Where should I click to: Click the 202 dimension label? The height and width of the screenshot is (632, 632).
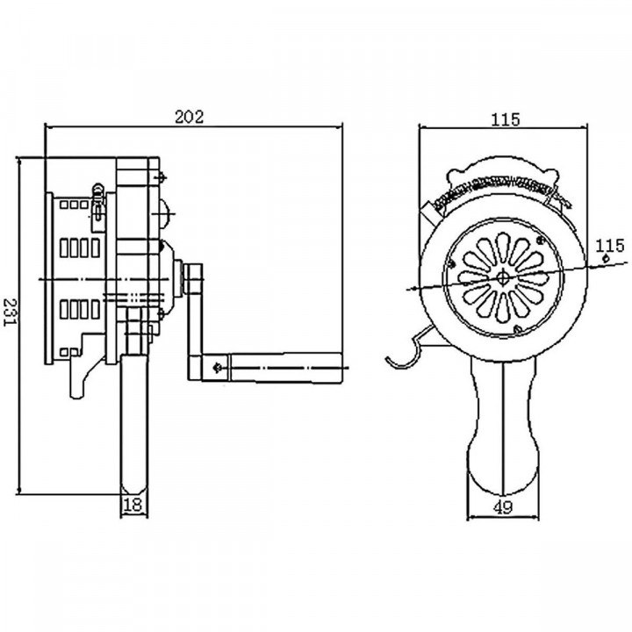pos(190,117)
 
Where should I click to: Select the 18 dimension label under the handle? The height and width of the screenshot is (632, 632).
pos(133,505)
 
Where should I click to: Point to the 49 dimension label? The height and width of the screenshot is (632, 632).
pos(503,507)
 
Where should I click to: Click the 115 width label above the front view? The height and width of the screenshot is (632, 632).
pos(506,119)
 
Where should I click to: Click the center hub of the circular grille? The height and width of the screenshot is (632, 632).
pos(503,277)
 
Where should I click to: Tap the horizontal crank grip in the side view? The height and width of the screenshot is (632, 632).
pos(285,367)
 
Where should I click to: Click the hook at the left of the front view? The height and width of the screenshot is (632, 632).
pos(407,350)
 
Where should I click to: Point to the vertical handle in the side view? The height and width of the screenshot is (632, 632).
pos(134,423)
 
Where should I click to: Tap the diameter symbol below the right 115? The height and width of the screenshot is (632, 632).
pos(606,258)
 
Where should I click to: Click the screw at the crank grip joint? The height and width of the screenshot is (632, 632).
pos(217,367)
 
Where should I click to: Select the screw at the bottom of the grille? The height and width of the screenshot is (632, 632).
pos(518,330)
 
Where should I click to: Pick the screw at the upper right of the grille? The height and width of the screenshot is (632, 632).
pos(541,241)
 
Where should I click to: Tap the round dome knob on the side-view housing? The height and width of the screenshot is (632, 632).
pos(166,213)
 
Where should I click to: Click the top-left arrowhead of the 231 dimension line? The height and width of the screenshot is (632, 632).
pos(18,159)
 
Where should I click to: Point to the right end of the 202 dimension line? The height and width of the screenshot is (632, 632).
pos(342,127)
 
